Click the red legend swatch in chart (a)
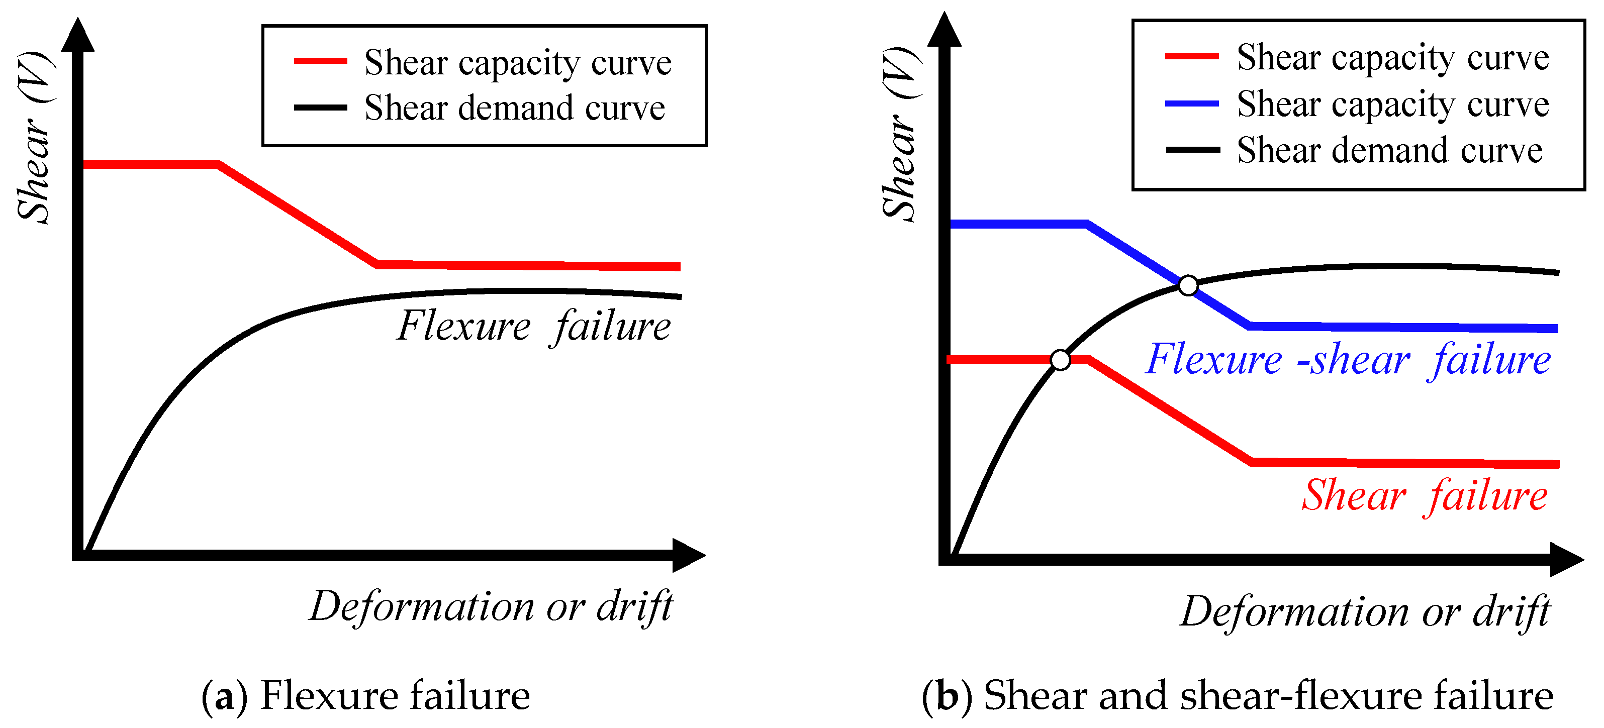320,61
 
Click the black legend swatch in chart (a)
320,108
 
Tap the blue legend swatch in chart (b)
1192,103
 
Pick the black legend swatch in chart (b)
1192,150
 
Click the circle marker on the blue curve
1188,285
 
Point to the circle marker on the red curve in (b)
1060,360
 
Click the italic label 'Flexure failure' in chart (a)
534,326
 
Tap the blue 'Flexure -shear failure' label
1348,360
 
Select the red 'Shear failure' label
1425,496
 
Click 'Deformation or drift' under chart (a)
491,607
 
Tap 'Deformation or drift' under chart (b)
1365,611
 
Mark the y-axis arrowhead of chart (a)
78,36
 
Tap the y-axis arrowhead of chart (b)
944,31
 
